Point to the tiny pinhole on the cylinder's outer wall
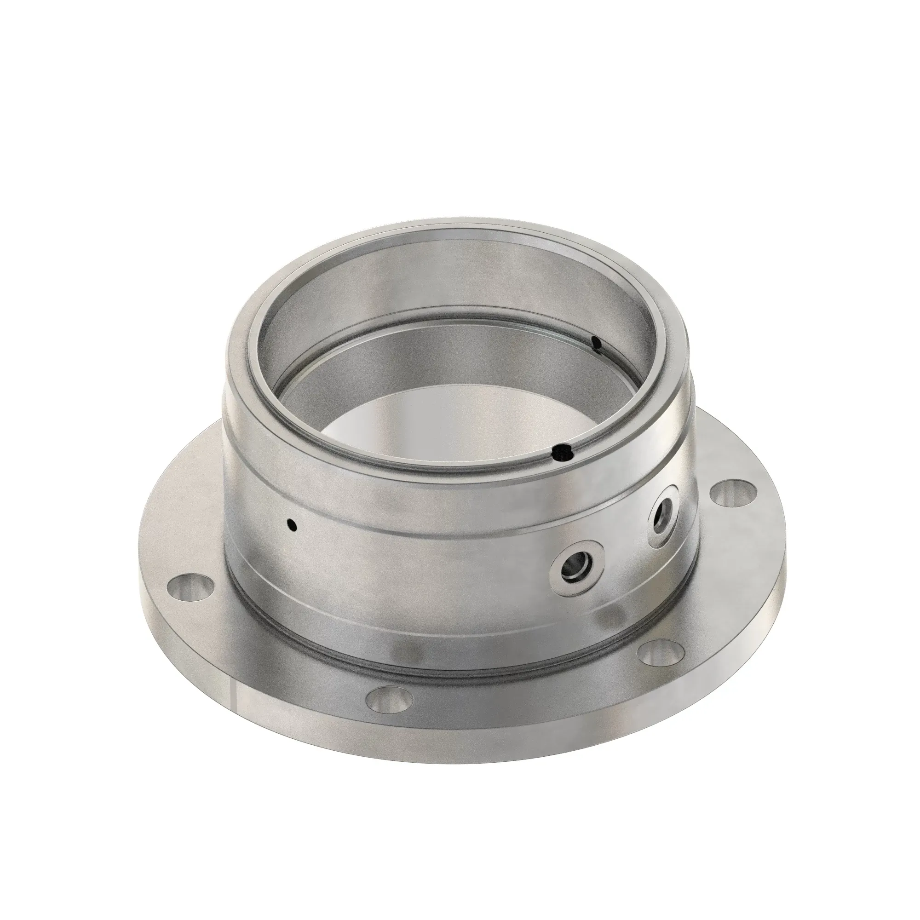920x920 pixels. coord(292,525)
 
